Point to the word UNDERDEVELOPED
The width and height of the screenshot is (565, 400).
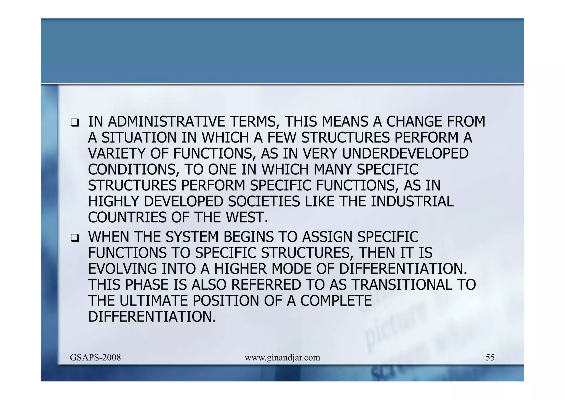click(x=405, y=154)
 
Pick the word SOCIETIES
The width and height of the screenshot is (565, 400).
click(x=264, y=201)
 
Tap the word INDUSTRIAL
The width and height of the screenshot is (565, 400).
click(x=412, y=201)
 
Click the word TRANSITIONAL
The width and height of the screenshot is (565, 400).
click(x=402, y=285)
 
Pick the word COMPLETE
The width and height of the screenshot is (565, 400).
click(x=336, y=301)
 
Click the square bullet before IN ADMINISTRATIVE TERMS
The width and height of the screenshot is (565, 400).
click(x=74, y=122)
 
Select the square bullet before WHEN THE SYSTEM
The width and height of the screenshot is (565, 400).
click(x=74, y=238)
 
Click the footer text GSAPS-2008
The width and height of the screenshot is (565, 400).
click(x=95, y=357)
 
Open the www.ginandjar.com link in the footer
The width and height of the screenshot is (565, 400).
click(x=282, y=358)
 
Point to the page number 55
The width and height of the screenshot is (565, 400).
click(x=490, y=357)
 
